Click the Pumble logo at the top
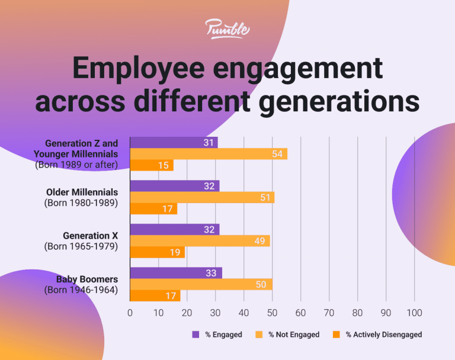pos(227,29)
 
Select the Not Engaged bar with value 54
pos(208,154)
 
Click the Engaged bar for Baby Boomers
pos(175,273)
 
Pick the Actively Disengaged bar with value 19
pos(157,252)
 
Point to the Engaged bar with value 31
pos(174,143)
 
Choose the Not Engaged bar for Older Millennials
pos(202,197)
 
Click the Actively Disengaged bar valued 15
pos(151,165)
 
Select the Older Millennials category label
pos(82,192)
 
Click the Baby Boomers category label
pos(86,279)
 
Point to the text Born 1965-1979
pos(81,246)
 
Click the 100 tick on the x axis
pos(414,313)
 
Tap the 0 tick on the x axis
pos(130,313)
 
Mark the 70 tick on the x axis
pos(329,313)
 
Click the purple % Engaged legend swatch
pos(196,335)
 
